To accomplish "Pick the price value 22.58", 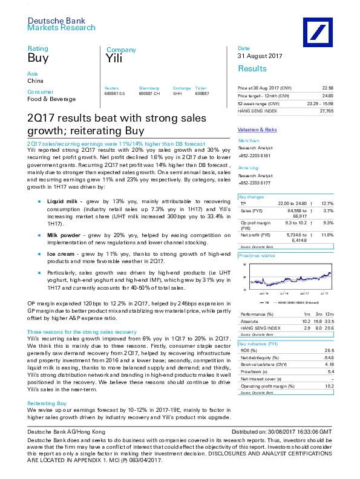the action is [327, 88].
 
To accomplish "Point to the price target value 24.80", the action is [327, 96].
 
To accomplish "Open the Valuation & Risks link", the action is [257, 129].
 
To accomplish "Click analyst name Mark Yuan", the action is [249, 140].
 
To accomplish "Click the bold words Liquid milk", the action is [64, 165].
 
